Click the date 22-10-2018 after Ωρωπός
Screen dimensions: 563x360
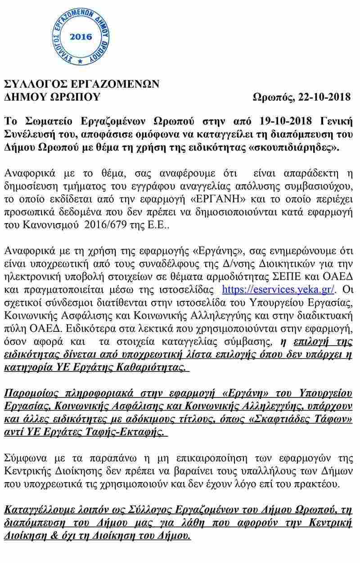point(323,97)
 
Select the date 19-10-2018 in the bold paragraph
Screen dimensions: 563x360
point(287,121)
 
